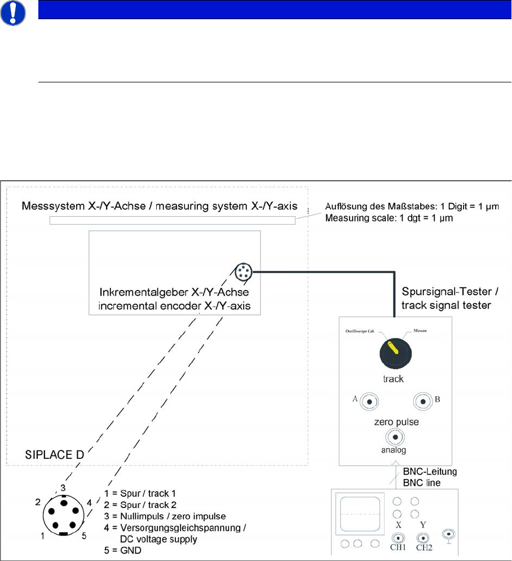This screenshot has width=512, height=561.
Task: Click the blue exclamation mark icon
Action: pyautogui.click(x=12, y=13)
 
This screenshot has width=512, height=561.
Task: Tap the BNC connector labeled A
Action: pyautogui.click(x=369, y=401)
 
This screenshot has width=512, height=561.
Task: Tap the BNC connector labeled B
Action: pyautogui.click(x=422, y=401)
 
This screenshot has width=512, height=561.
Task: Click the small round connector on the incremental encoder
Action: pyautogui.click(x=243, y=271)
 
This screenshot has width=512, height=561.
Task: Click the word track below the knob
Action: pyautogui.click(x=393, y=379)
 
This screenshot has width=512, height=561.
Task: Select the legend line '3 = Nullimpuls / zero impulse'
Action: pyautogui.click(x=161, y=517)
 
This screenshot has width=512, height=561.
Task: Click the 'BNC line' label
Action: pyautogui.click(x=423, y=484)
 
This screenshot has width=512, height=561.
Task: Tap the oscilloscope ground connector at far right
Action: pyautogui.click(x=449, y=533)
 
